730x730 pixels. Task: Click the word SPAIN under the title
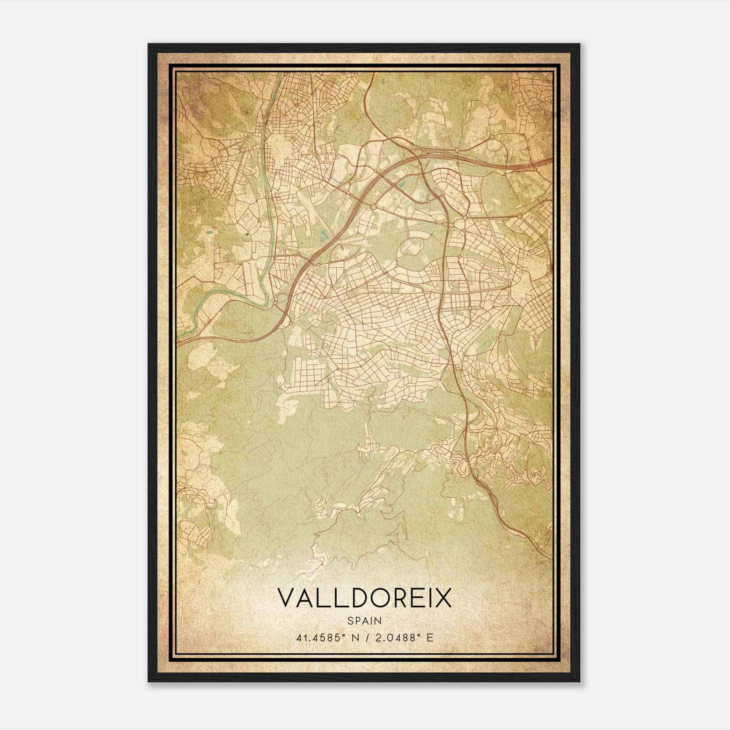coord(364,620)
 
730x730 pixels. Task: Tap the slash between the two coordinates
coord(367,637)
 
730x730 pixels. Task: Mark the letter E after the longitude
coord(429,637)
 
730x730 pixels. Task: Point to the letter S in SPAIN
coord(350,620)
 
